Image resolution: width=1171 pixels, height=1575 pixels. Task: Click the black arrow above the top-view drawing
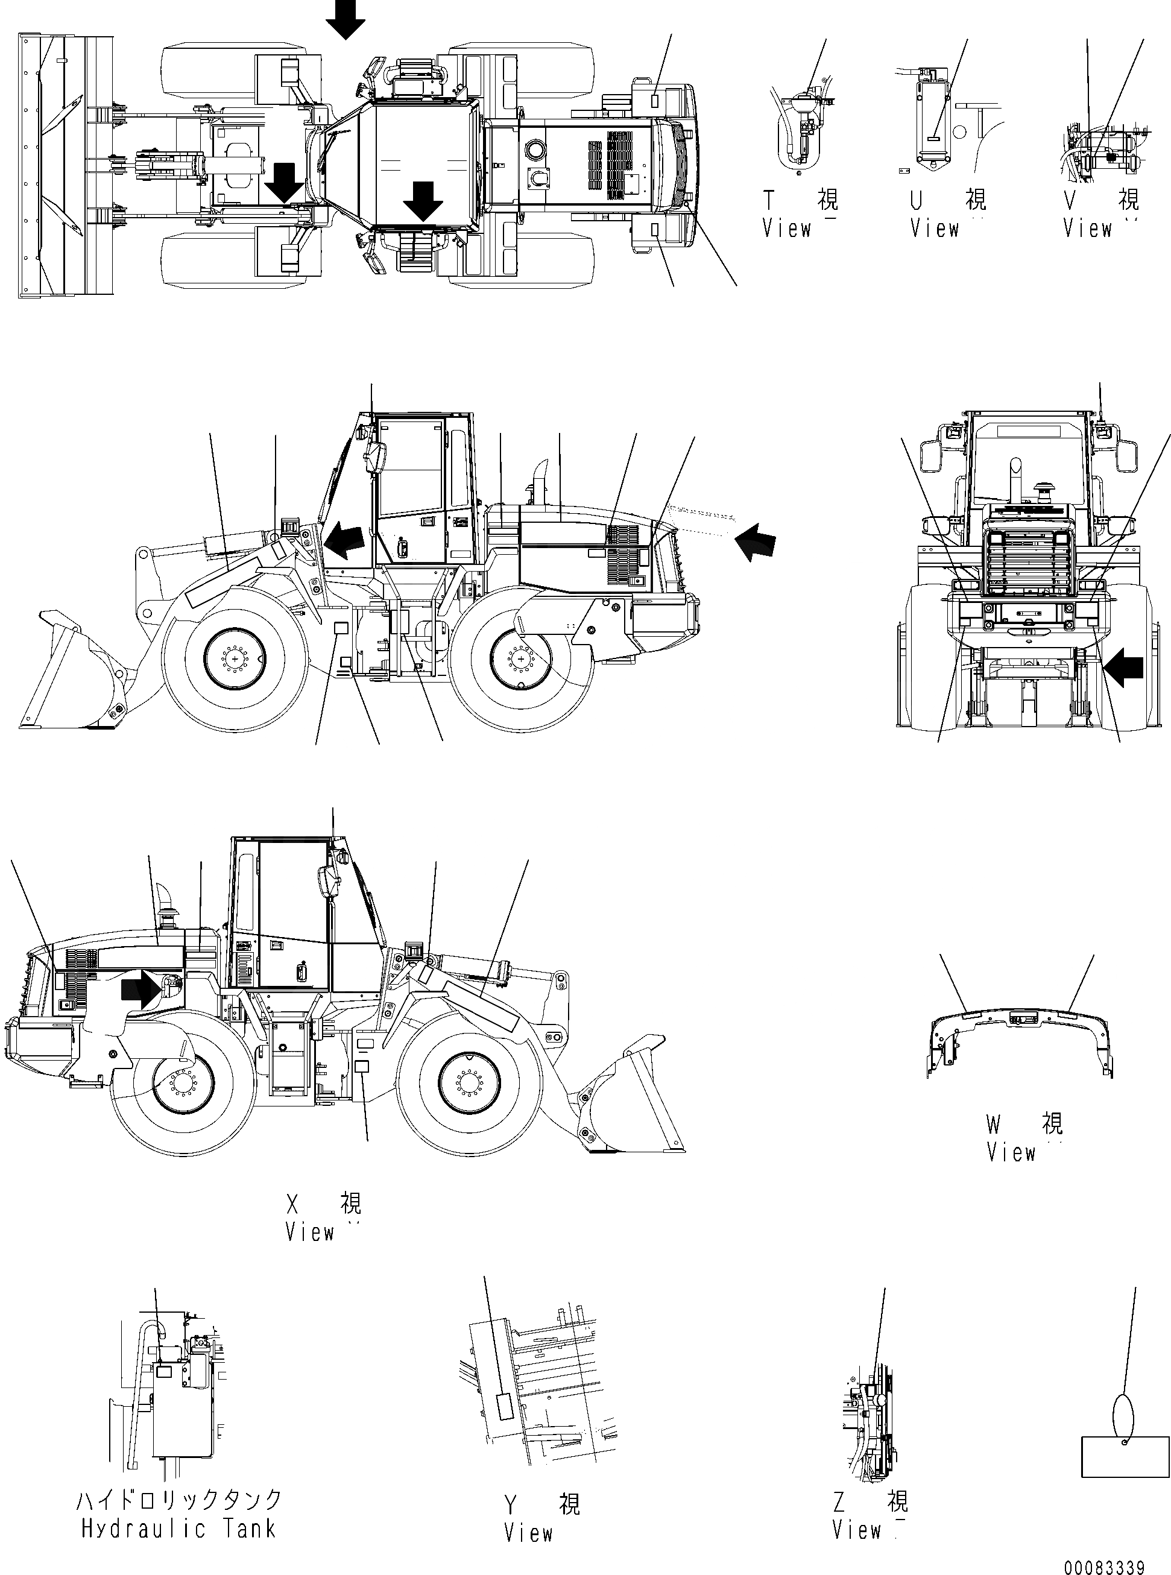tap(346, 19)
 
